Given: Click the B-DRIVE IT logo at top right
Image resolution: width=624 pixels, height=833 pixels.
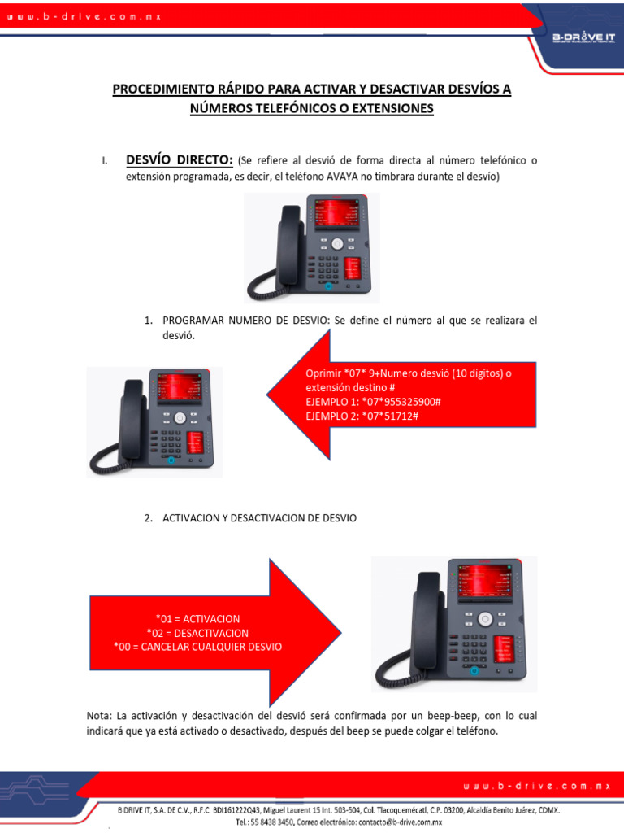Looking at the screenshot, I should coord(583,37).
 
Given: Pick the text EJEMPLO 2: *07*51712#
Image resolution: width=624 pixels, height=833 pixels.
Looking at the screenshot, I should coord(362,416).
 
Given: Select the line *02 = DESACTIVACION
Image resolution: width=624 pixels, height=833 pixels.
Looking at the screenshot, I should coord(197,633).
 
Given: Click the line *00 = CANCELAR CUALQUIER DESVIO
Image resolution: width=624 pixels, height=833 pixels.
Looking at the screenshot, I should coord(197,647).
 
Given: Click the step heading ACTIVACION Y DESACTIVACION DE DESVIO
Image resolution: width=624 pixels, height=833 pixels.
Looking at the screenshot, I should coord(259,518).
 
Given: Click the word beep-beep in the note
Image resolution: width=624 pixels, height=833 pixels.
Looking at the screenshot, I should coord(457,716).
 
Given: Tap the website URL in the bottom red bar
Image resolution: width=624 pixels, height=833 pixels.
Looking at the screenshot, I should coord(536,786).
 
